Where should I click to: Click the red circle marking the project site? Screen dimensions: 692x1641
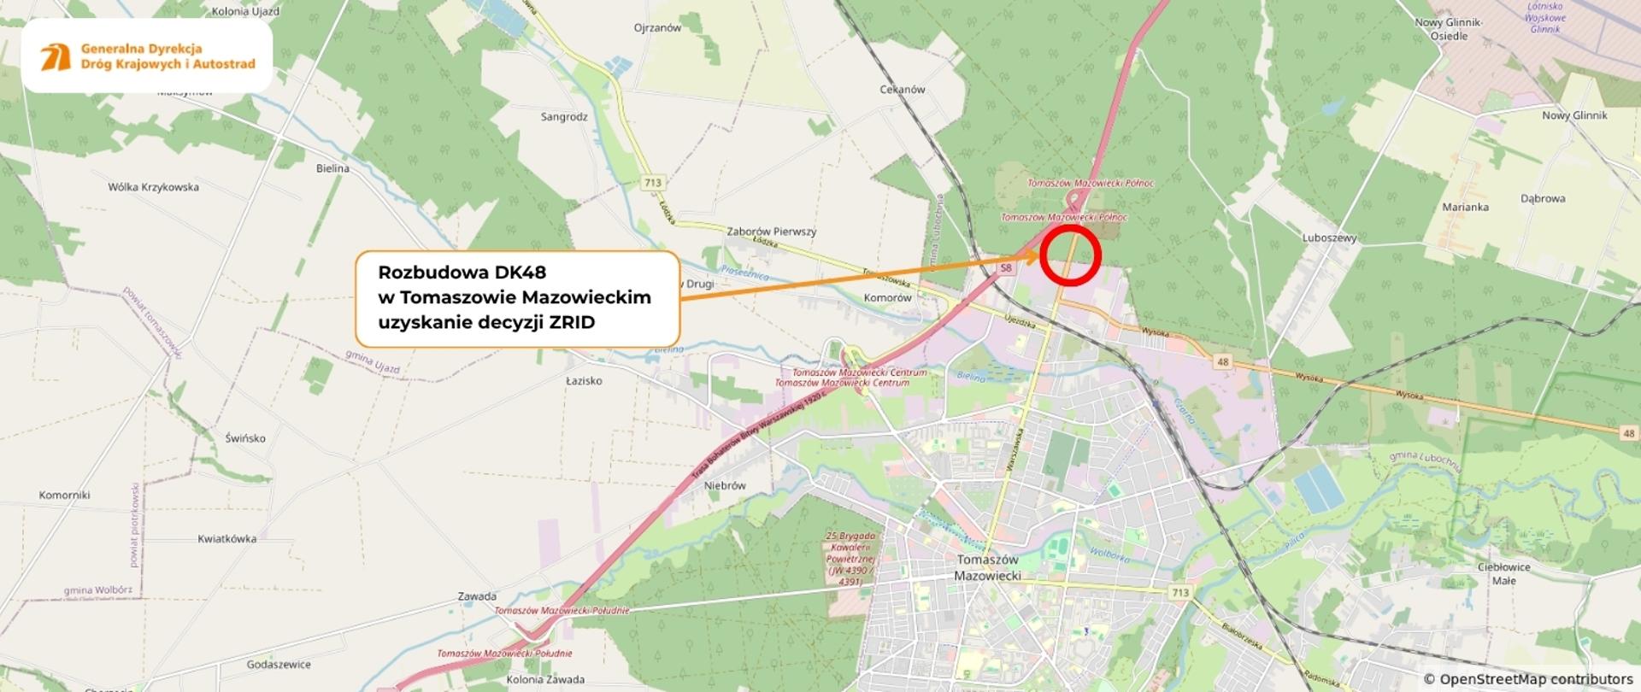point(1068,255)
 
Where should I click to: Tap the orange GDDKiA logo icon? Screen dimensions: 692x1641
point(56,56)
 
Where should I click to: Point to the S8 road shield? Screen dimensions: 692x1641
point(1006,268)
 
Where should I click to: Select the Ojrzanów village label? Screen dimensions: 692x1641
point(657,27)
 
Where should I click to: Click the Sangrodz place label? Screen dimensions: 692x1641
point(564,116)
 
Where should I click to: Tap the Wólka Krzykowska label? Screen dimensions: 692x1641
point(153,186)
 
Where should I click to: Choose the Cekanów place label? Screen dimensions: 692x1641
point(902,89)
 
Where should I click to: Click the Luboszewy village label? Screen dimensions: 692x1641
point(1329,238)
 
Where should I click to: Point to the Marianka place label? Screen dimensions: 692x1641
point(1465,207)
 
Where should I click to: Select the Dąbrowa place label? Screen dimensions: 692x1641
point(1543,198)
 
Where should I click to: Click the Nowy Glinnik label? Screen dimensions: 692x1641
point(1574,115)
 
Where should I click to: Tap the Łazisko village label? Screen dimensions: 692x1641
point(584,380)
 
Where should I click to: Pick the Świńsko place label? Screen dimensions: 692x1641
point(245,438)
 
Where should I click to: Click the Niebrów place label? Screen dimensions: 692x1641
point(725,485)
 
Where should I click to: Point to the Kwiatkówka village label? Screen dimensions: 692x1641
point(226,538)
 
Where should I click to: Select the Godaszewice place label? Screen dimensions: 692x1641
point(278,664)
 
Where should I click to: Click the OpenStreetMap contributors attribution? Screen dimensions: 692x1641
point(1527,679)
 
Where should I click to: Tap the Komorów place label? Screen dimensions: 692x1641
point(887,297)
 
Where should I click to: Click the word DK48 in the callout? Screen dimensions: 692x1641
point(520,272)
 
